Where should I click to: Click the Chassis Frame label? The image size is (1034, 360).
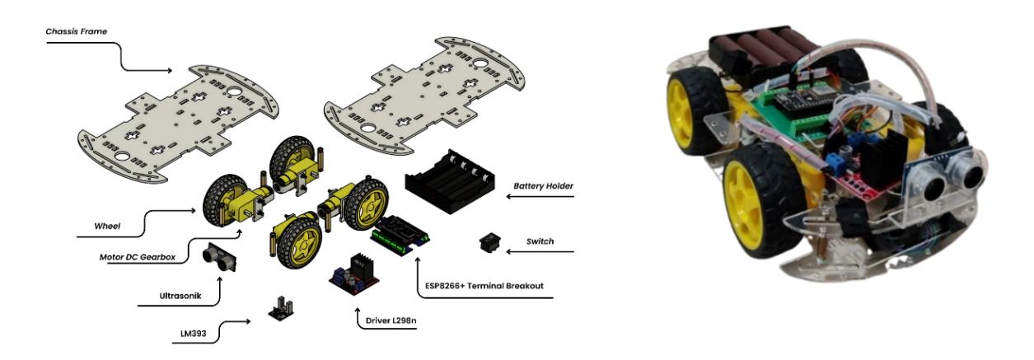click(x=76, y=31)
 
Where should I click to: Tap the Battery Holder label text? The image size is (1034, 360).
click(x=543, y=186)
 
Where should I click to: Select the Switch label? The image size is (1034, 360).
click(x=540, y=241)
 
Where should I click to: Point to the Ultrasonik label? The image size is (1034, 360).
click(x=180, y=296)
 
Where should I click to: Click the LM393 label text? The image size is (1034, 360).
click(x=193, y=334)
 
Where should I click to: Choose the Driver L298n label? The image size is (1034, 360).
click(x=391, y=320)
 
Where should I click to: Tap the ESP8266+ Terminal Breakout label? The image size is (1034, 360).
click(x=484, y=286)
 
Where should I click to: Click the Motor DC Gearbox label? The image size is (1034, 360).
click(x=138, y=257)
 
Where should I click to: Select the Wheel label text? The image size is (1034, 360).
click(x=107, y=227)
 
